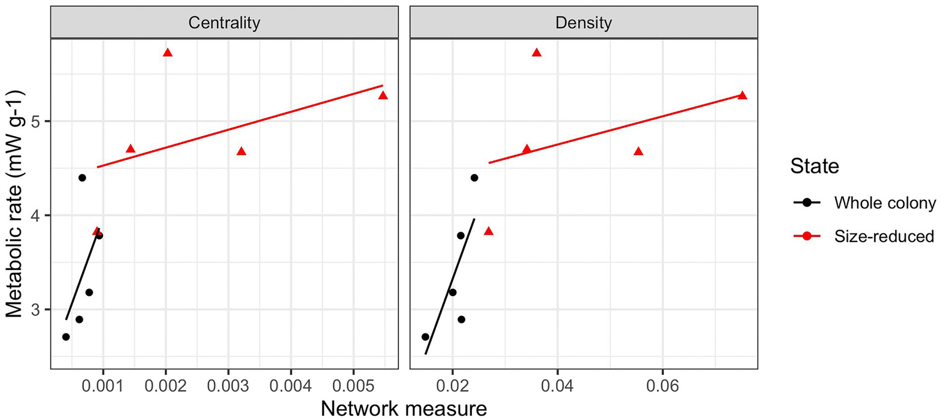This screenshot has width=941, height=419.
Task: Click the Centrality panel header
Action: [x=224, y=23]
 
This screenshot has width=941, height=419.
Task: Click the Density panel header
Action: [x=583, y=23]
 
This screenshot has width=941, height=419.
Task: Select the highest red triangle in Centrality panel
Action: [x=167, y=53]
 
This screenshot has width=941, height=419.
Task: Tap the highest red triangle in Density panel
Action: [x=536, y=53]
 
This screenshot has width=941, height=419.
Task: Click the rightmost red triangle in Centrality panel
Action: [x=383, y=96]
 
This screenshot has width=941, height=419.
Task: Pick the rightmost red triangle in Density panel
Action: [x=742, y=96]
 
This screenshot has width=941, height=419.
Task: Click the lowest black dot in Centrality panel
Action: [x=66, y=337]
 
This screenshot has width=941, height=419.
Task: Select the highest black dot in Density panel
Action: [x=474, y=178]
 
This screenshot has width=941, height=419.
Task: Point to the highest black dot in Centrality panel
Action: [x=82, y=178]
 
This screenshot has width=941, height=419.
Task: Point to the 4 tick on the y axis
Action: [x=39, y=216]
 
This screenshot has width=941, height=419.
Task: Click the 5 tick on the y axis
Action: [x=39, y=121]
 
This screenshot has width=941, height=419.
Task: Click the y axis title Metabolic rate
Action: [x=17, y=204]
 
